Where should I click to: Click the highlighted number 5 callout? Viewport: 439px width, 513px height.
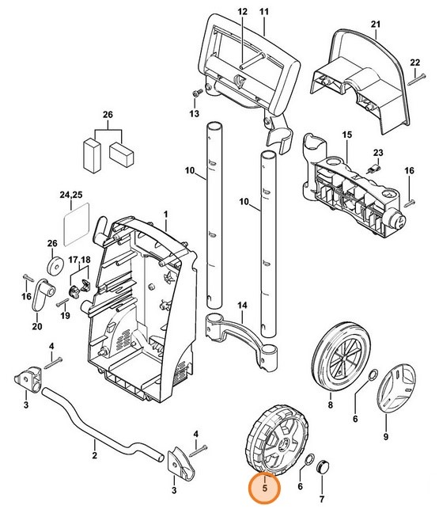[264, 488]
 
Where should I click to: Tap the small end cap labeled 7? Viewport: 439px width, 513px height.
[323, 467]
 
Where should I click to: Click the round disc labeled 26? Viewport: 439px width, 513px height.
[55, 267]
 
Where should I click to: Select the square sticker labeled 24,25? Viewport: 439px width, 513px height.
[77, 224]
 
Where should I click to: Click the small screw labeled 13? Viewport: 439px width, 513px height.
[196, 93]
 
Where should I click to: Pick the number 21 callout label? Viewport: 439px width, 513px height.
[376, 25]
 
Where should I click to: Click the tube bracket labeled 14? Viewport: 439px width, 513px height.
[242, 340]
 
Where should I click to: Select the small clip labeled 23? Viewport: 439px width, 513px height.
[373, 169]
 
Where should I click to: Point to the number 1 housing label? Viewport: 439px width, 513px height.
[166, 215]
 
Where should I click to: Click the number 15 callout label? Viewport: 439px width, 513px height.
[346, 135]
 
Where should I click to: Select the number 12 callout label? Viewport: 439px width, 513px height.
[242, 12]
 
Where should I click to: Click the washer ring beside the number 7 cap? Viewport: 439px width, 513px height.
[309, 460]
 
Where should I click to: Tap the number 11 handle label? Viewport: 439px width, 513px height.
[263, 12]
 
